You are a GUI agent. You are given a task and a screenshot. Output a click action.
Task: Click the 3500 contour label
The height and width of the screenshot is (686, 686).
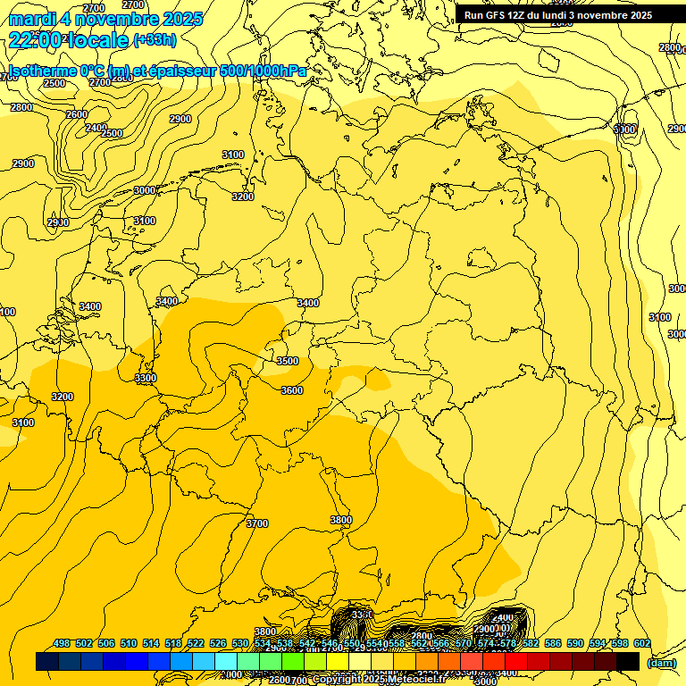point(287,361)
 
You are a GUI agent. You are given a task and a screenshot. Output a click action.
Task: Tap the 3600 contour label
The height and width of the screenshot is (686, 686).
point(291,390)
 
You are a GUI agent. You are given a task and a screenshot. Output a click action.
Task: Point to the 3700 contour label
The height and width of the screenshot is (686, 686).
point(256,523)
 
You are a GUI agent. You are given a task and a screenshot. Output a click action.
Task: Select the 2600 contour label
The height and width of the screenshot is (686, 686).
point(77,114)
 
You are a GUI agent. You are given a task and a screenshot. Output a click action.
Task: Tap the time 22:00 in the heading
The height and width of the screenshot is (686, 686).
point(35,40)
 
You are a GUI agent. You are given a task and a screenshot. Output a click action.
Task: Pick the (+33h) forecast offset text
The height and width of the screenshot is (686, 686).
point(155,40)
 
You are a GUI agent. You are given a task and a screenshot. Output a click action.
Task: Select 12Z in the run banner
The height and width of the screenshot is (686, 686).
point(517,15)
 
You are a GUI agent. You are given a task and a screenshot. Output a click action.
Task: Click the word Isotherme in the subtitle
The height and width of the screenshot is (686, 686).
point(41,71)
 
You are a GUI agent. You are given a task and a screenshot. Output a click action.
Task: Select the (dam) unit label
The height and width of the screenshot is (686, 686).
point(661,663)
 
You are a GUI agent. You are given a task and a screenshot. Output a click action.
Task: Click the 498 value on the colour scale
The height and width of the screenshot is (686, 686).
point(62,643)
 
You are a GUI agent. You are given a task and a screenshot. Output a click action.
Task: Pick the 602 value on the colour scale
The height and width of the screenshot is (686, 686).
point(642,643)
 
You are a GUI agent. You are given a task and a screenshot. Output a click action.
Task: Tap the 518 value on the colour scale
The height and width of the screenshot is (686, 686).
point(173,643)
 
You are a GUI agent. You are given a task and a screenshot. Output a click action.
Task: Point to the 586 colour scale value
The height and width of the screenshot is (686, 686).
point(553,643)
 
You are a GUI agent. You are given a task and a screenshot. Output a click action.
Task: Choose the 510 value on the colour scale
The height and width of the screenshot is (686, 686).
point(129,643)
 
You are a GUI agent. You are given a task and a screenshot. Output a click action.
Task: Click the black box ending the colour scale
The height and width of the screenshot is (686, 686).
point(628,661)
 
